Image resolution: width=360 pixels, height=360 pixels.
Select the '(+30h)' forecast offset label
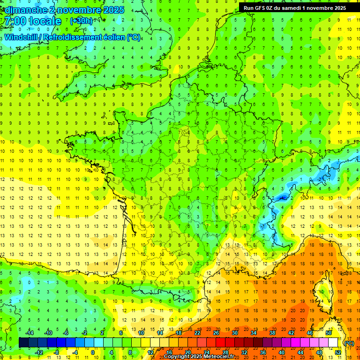[81, 21]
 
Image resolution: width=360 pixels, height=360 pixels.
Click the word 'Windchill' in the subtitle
[21, 37]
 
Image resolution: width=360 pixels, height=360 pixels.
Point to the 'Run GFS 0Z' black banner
[294, 7]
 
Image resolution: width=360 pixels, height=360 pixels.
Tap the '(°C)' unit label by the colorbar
[349, 343]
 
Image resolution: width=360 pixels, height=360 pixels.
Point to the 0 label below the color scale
[93, 352]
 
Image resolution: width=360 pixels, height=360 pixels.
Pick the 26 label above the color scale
[216, 333]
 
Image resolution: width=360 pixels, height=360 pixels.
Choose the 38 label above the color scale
[272, 333]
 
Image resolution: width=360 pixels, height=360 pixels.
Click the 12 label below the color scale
[151, 352]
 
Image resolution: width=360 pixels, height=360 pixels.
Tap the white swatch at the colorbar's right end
[333, 343]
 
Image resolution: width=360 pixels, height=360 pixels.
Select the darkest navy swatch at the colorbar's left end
[23, 343]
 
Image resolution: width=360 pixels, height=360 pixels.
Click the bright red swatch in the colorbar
[221, 343]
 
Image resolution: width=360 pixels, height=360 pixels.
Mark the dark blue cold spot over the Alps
[281, 198]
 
